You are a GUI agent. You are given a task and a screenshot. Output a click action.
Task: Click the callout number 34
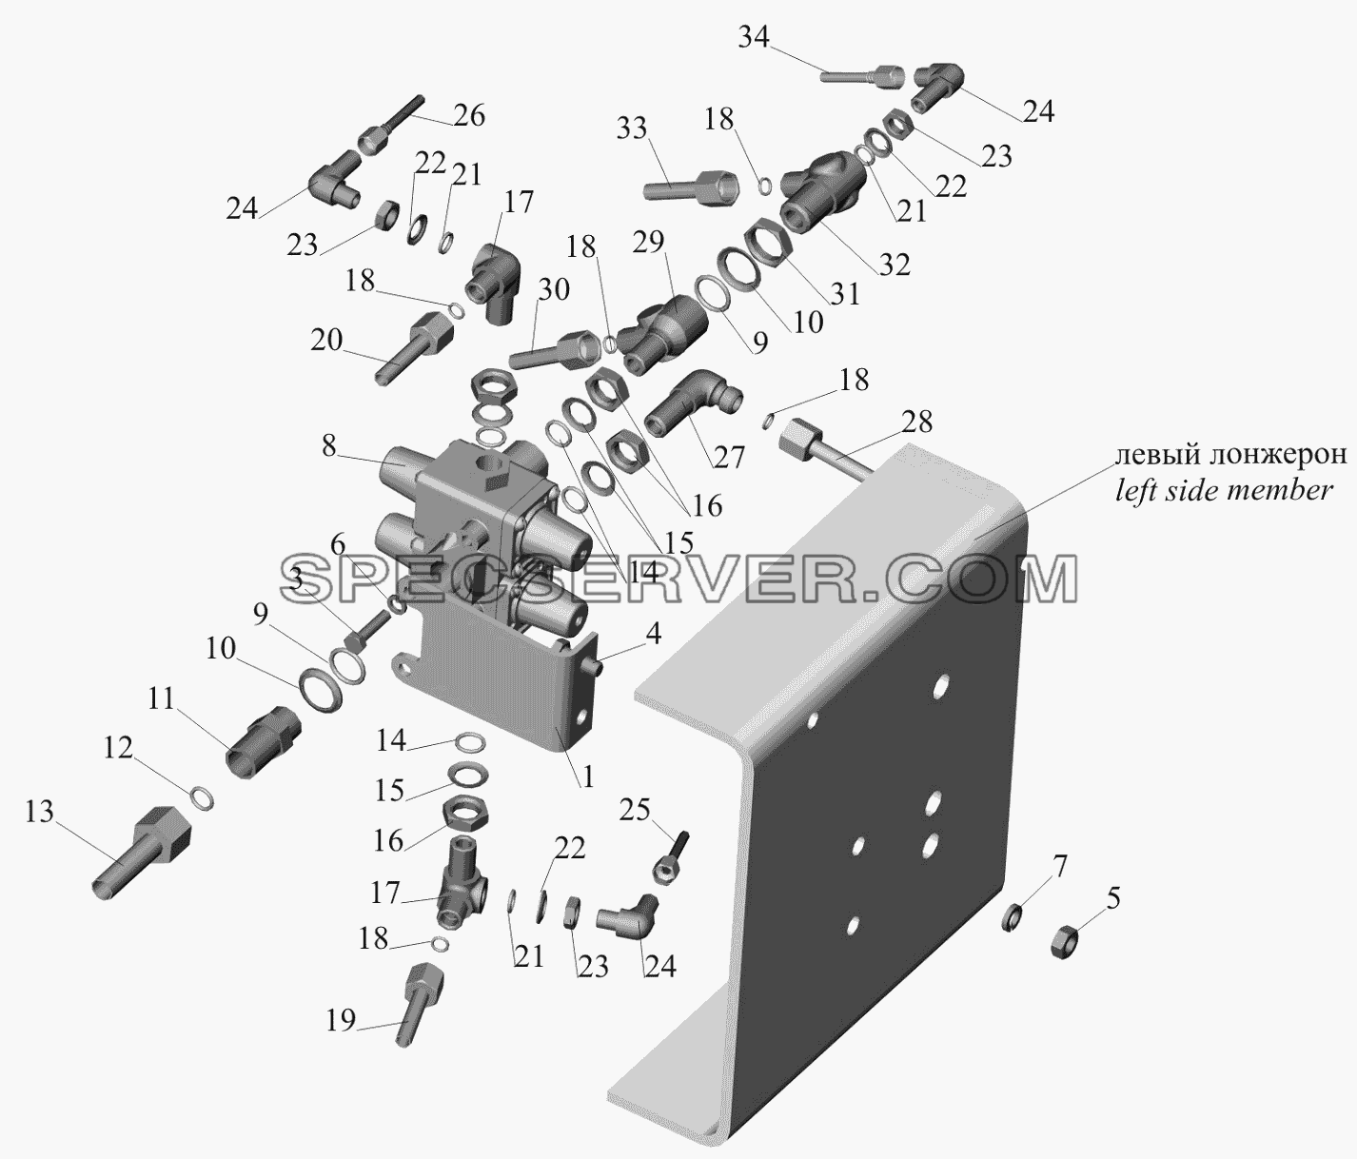(x=753, y=37)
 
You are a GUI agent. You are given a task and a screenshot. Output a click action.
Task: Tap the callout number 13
(x=39, y=813)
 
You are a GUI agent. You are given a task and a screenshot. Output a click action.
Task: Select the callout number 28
(x=917, y=422)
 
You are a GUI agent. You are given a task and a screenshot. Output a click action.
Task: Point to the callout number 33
(x=632, y=128)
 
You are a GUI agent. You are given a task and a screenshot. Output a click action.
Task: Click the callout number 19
(x=342, y=1020)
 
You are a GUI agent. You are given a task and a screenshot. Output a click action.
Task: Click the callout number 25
(x=635, y=811)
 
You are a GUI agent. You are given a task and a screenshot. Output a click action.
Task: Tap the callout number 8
(x=329, y=446)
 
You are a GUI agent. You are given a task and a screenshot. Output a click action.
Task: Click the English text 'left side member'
(x=1225, y=490)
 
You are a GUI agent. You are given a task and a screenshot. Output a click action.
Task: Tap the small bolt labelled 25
(x=670, y=857)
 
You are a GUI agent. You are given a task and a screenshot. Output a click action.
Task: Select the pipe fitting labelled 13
(x=142, y=854)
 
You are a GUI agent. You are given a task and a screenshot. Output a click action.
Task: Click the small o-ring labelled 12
(x=202, y=797)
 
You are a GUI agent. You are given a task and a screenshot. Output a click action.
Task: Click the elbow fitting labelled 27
(x=694, y=402)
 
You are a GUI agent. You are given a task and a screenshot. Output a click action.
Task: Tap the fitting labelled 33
(x=691, y=187)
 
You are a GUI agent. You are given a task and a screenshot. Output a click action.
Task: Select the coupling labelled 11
(x=263, y=741)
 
